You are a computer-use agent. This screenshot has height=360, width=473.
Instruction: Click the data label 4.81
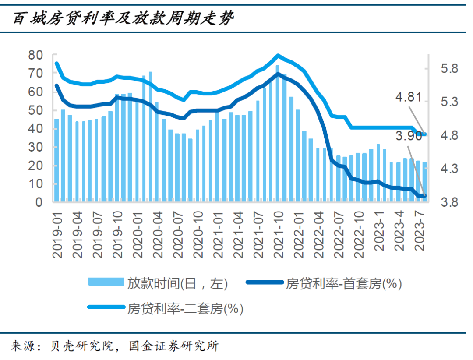[409, 97]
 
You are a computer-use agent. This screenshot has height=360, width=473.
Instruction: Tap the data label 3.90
[409, 136]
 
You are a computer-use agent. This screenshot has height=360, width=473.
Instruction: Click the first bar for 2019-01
[56, 160]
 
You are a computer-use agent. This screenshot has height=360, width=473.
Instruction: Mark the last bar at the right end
[424, 182]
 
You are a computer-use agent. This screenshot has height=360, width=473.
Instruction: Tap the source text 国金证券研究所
[173, 346]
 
